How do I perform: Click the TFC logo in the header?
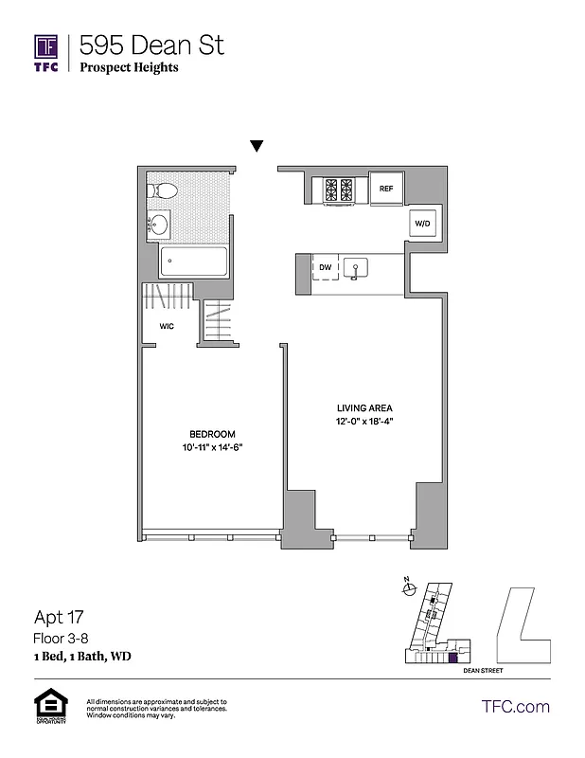(x=46, y=52)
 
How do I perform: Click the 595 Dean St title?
(x=151, y=45)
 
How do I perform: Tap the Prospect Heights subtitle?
(x=129, y=67)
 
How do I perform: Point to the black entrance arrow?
(x=257, y=146)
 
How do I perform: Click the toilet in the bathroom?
(x=162, y=190)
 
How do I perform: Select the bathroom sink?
(x=159, y=225)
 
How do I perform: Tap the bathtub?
(x=195, y=261)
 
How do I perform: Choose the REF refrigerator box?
(x=386, y=189)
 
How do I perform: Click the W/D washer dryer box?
(x=421, y=224)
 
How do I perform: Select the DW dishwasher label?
(x=325, y=268)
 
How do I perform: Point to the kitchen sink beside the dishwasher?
(x=357, y=269)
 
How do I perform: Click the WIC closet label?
(x=166, y=326)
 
